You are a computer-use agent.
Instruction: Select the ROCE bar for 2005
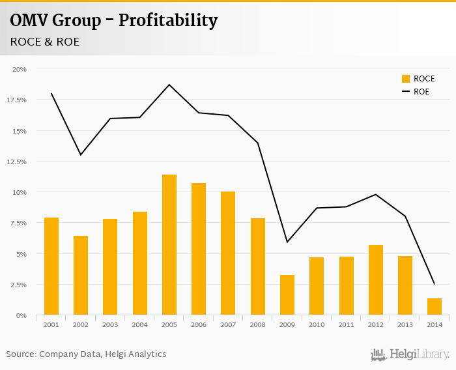click(x=169, y=245)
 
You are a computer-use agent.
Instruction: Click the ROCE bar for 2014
click(x=435, y=307)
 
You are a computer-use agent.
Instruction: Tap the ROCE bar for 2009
click(x=287, y=295)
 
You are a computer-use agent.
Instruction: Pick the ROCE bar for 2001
click(x=51, y=266)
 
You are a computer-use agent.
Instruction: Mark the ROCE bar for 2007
click(x=228, y=253)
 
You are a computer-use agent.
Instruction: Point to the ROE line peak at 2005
click(x=169, y=85)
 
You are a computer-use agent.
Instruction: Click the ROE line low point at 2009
click(x=287, y=242)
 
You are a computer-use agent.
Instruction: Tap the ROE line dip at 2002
click(x=81, y=154)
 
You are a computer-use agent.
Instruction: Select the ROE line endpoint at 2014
click(x=434, y=283)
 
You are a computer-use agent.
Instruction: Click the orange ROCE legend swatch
click(x=406, y=79)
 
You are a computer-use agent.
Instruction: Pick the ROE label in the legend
click(x=421, y=92)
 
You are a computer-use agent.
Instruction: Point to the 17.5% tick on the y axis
click(x=17, y=100)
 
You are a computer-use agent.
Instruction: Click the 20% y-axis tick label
click(x=20, y=69)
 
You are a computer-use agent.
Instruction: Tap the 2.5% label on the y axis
click(x=18, y=285)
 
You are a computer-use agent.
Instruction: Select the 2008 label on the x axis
click(x=257, y=324)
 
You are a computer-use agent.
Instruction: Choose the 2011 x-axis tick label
click(x=346, y=324)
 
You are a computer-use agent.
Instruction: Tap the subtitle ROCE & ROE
click(x=45, y=42)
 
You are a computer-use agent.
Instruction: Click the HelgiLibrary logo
click(x=410, y=354)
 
